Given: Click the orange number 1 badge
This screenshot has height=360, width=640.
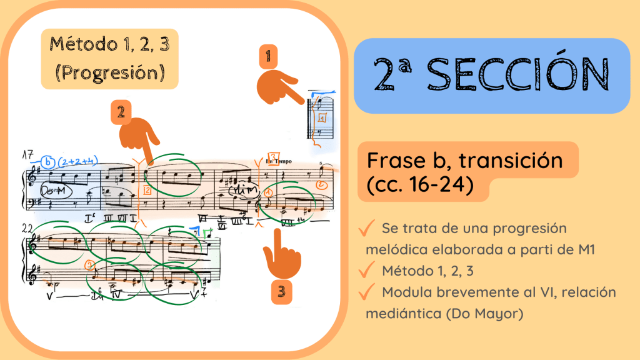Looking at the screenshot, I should pyautogui.click(x=268, y=57).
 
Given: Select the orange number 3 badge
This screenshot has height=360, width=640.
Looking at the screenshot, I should pyautogui.click(x=282, y=291).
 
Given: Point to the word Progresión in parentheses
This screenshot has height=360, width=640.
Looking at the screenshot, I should pyautogui.click(x=110, y=72).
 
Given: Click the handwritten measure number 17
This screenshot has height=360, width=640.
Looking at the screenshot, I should pyautogui.click(x=27, y=154).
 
